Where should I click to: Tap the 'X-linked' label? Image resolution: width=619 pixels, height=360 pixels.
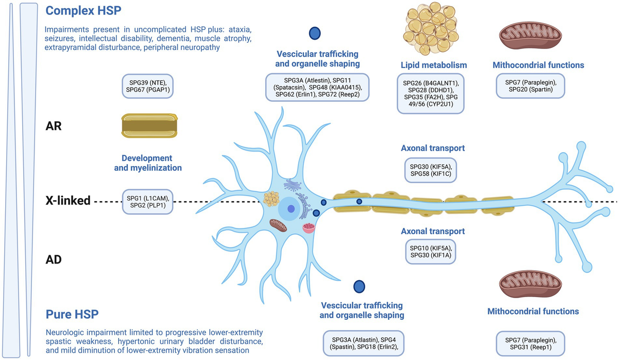68,201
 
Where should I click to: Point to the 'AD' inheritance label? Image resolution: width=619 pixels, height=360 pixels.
54,260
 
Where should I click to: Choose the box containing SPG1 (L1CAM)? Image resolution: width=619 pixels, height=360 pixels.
148,201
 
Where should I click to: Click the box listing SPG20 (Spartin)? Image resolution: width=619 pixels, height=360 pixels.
530,85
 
